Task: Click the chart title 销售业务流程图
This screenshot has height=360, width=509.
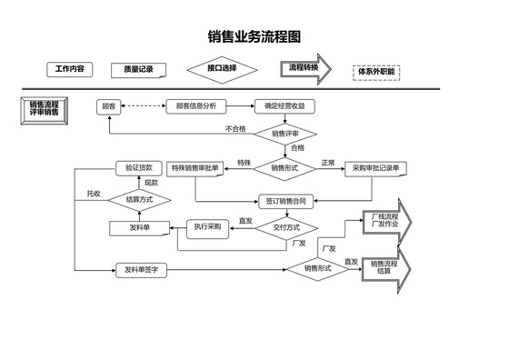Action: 254,38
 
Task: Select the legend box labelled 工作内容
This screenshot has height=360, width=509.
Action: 70,69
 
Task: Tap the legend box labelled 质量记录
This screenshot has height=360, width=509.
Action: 133,69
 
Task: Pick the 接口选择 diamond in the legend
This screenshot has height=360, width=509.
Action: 222,68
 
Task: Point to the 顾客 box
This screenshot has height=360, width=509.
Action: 108,106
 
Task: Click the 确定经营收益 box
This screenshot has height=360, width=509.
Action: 284,106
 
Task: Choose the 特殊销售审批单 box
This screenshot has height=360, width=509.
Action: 195,168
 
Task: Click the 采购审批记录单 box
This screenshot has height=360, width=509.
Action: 375,168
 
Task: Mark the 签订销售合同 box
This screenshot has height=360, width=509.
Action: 285,200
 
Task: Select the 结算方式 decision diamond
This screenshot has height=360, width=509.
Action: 139,199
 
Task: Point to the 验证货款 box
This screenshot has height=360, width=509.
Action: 139,168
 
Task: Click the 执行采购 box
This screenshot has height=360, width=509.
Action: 207,226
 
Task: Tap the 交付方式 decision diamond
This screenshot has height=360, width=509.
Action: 285,227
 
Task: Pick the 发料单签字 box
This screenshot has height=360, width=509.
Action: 141,270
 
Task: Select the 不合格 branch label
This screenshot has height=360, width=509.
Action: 235,129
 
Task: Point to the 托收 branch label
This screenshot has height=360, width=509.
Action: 94,194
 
